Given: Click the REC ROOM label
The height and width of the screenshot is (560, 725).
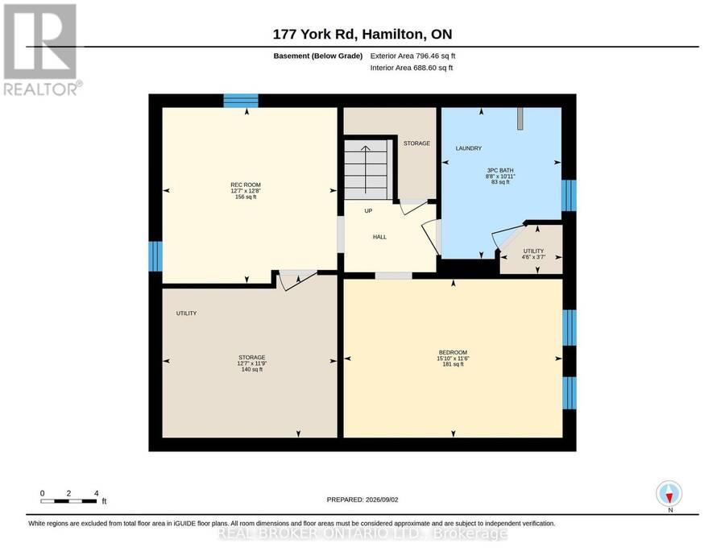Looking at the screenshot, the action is pyautogui.click(x=246, y=185).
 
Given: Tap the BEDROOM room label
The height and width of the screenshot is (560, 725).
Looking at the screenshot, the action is pyautogui.click(x=453, y=352).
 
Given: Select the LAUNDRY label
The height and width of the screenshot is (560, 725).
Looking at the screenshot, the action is pyautogui.click(x=468, y=148).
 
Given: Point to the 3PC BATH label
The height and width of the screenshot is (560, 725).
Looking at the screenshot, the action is pyautogui.click(x=499, y=170).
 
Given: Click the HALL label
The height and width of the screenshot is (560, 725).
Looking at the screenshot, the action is pyautogui.click(x=379, y=237).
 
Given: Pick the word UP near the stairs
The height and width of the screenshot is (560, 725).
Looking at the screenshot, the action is pyautogui.click(x=368, y=211).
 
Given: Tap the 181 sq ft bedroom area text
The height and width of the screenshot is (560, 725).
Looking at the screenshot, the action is pyautogui.click(x=453, y=364).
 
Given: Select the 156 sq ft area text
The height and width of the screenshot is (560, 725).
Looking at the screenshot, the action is pyautogui.click(x=246, y=197).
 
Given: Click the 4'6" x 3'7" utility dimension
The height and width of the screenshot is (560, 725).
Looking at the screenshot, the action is pyautogui.click(x=533, y=257).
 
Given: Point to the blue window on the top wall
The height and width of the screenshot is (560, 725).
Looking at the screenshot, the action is pyautogui.click(x=241, y=101).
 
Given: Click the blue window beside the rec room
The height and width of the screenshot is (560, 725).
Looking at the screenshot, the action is pyautogui.click(x=155, y=256).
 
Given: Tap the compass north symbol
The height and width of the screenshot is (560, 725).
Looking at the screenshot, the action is pyautogui.click(x=669, y=494).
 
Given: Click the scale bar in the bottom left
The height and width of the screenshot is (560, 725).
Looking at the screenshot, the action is pyautogui.click(x=69, y=501).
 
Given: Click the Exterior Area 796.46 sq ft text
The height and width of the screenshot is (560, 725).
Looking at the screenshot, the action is pyautogui.click(x=412, y=56).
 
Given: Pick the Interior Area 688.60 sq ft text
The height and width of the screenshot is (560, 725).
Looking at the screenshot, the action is pyautogui.click(x=412, y=68).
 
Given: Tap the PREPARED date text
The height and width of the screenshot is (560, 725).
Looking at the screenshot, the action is pyautogui.click(x=362, y=500).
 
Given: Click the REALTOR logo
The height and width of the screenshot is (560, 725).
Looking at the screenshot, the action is pyautogui.click(x=40, y=50).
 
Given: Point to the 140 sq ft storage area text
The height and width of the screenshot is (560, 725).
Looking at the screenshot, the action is pyautogui.click(x=252, y=370).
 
